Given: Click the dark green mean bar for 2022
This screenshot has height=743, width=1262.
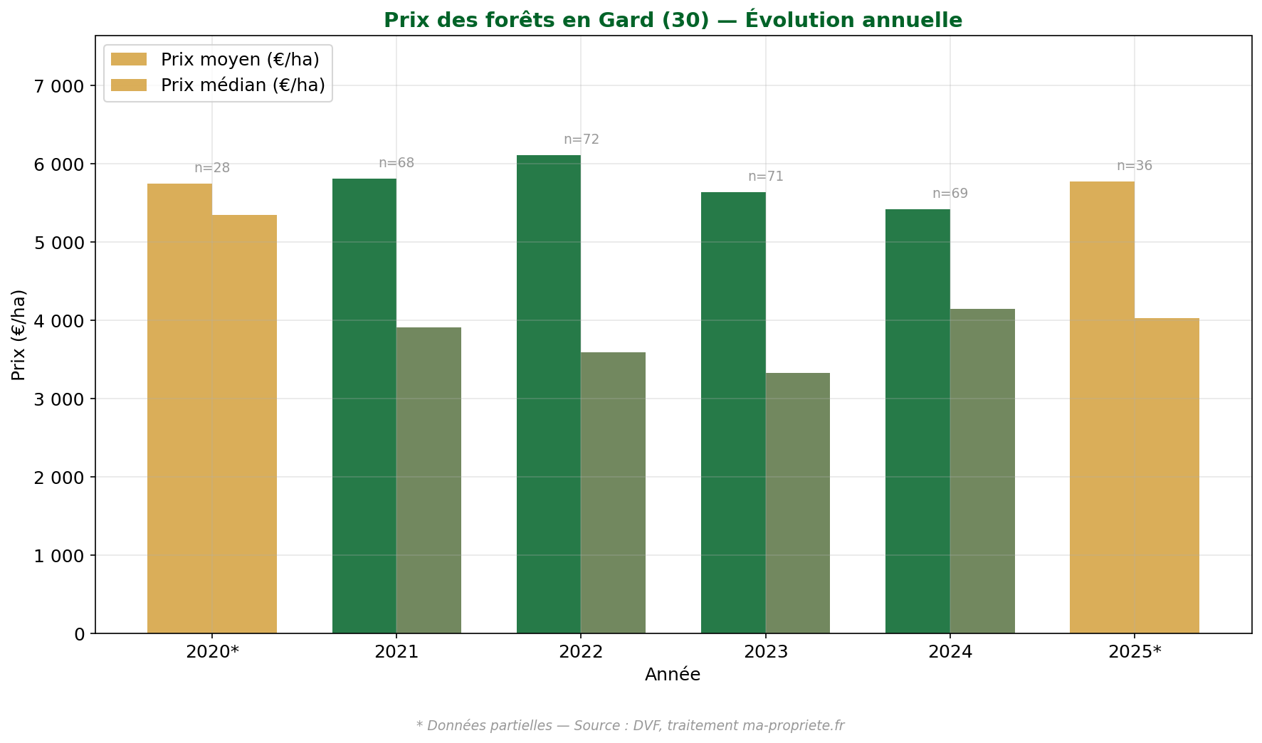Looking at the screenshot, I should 548,395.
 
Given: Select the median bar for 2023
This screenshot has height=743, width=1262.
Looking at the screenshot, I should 798,503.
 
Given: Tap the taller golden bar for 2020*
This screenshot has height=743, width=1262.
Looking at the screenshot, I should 179,409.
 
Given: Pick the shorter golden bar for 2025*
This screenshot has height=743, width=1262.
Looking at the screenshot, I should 1167,475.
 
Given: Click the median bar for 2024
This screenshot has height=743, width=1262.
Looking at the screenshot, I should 982,471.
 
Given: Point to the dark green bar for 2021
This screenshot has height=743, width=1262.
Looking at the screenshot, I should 364,406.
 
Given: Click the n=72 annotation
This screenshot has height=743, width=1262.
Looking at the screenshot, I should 582,139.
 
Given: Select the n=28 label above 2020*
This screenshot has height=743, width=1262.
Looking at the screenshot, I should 212,168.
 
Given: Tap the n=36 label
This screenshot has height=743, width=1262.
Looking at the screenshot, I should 1134,166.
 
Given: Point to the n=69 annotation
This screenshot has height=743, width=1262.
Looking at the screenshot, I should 950,194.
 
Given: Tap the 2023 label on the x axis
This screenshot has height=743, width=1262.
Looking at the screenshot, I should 765,652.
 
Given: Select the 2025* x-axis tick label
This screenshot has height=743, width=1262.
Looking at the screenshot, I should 1134,652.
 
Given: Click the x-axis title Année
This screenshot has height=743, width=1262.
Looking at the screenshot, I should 673,675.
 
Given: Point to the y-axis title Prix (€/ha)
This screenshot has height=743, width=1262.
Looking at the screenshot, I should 19,334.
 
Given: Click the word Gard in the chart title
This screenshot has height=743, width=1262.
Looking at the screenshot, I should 627,20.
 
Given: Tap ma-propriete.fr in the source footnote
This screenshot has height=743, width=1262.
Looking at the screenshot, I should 793,726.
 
